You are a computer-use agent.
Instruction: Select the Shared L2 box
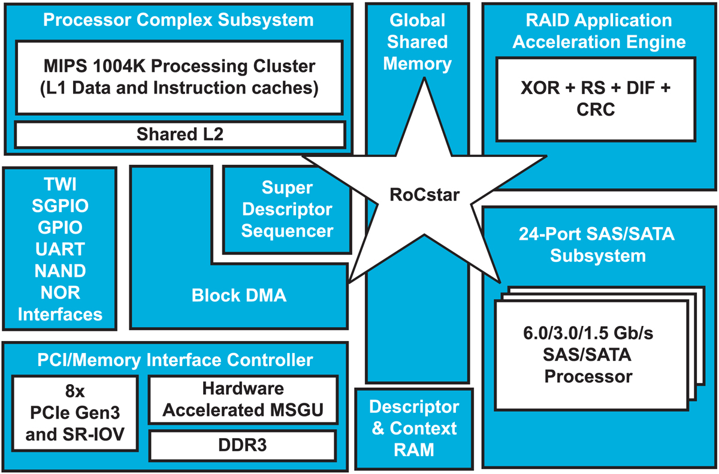180,134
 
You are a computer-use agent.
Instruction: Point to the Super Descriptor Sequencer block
287,209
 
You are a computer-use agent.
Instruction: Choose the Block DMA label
239,295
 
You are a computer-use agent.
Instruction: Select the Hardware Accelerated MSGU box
242,399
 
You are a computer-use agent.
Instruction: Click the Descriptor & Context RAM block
413,428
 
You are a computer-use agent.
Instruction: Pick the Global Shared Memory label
417,42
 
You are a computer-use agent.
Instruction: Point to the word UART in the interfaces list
60,249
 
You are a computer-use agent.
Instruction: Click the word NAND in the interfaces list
60,271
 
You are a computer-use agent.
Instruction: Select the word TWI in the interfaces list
60,184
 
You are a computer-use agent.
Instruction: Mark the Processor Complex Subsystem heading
179,20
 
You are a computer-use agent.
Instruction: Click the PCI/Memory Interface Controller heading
175,360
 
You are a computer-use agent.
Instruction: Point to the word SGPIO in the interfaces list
60,206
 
